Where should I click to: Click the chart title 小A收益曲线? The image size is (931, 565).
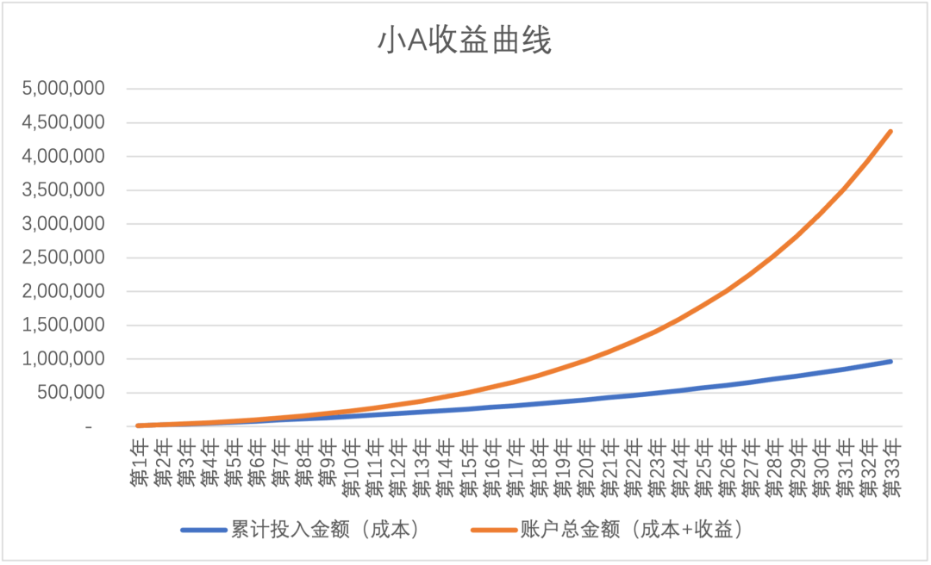(x=465, y=41)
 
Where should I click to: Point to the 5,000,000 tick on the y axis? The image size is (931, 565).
(x=65, y=89)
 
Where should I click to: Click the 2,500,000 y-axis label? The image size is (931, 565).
(x=65, y=258)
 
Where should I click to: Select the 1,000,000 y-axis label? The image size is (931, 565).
(x=65, y=359)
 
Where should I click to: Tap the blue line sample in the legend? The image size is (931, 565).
(x=203, y=531)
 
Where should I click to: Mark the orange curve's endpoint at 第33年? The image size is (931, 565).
(x=891, y=131)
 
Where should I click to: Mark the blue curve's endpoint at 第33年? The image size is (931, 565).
(x=891, y=361)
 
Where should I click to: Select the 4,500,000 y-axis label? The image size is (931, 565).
(x=65, y=122)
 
